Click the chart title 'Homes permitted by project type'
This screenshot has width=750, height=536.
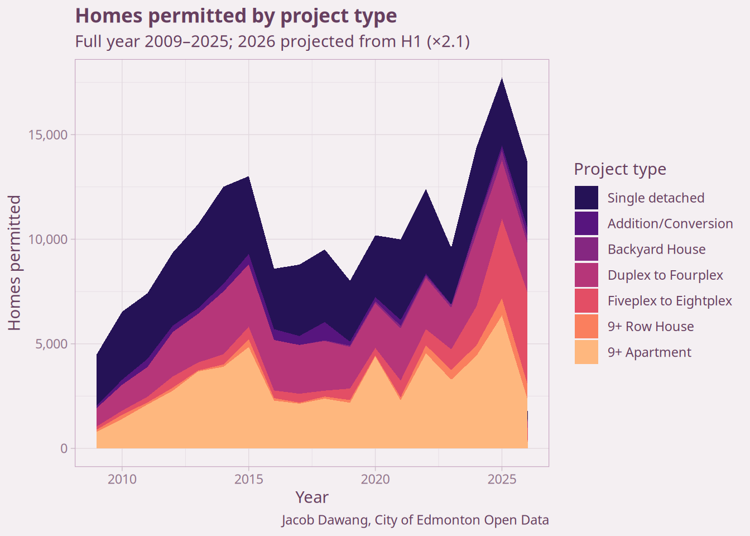pyautogui.click(x=236, y=16)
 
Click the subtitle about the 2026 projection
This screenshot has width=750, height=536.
pyautogui.click(x=272, y=41)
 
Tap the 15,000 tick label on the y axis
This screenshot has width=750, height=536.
pyautogui.click(x=48, y=135)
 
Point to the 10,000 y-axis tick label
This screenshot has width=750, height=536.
pyautogui.click(x=48, y=239)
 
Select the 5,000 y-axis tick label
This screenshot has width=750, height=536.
pyautogui.click(x=51, y=344)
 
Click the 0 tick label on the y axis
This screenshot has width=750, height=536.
pyautogui.click(x=64, y=448)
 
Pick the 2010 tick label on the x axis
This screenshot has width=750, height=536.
pyautogui.click(x=122, y=480)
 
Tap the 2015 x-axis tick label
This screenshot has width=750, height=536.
pyautogui.click(x=249, y=480)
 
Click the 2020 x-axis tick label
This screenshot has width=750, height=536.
pyautogui.click(x=376, y=480)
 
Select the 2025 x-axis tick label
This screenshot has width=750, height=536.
pyautogui.click(x=502, y=480)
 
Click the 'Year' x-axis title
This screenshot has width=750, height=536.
pyautogui.click(x=312, y=497)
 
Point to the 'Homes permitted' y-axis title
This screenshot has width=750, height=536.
pyautogui.click(x=15, y=262)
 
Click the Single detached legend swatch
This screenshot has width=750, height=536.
pyautogui.click(x=586, y=198)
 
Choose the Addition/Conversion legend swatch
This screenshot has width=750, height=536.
pyautogui.click(x=586, y=223)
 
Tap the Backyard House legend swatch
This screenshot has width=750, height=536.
pyautogui.click(x=586, y=249)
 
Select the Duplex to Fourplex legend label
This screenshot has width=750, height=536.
pyautogui.click(x=665, y=275)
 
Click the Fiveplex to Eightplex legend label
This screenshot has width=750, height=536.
pyautogui.click(x=670, y=301)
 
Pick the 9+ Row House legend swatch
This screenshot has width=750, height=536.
pyautogui.click(x=586, y=326)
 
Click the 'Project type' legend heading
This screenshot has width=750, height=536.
pyautogui.click(x=620, y=169)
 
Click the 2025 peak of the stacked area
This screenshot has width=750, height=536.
pyautogui.click(x=502, y=78)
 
